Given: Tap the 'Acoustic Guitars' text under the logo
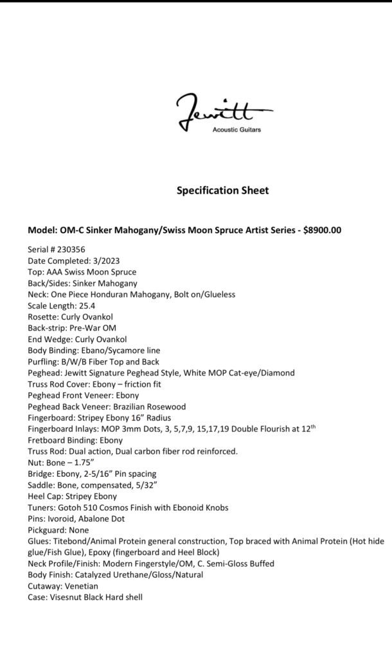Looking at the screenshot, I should point(238,130).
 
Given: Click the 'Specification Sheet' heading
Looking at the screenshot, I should point(222,191).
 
